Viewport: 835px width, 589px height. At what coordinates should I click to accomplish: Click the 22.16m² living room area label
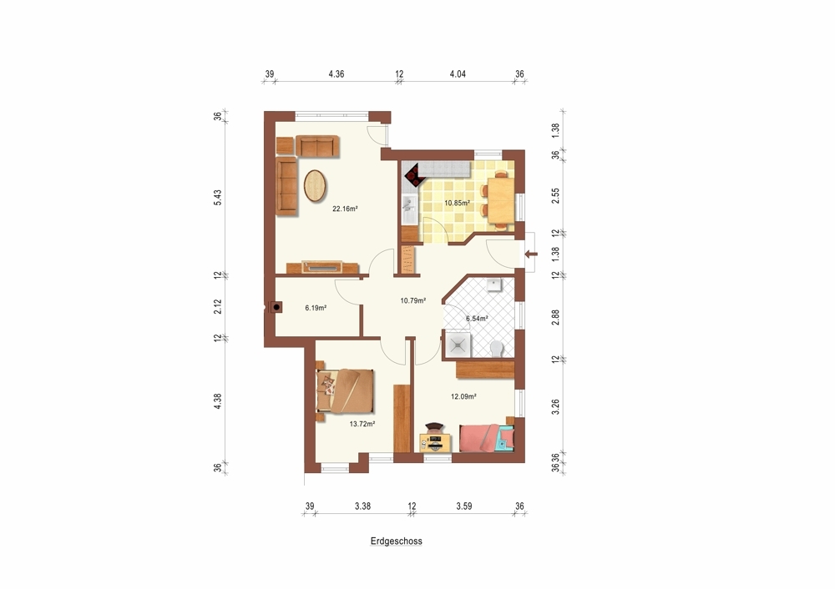click(345, 209)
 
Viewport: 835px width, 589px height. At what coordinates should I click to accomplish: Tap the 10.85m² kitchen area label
click(457, 203)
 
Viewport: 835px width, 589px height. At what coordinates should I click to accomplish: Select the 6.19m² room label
click(316, 308)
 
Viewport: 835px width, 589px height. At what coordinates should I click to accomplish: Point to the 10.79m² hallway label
click(412, 300)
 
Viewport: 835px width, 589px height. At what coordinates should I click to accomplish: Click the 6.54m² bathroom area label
click(477, 319)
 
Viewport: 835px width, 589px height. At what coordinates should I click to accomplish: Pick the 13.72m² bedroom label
click(362, 424)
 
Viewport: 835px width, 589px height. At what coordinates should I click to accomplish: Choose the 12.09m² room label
click(463, 396)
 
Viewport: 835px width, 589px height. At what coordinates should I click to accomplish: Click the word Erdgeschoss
click(396, 541)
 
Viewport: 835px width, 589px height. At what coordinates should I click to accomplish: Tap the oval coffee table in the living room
click(316, 186)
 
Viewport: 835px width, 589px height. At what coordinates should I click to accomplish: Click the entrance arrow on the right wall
click(531, 254)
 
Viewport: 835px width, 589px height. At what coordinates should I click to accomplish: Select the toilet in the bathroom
click(496, 349)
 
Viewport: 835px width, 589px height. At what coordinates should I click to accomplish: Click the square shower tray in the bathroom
click(458, 345)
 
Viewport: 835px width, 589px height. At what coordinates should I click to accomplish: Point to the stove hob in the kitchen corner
click(414, 175)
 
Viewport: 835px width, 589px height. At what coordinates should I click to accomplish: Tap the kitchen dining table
click(500, 200)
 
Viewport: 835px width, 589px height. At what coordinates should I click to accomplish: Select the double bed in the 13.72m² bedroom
click(346, 391)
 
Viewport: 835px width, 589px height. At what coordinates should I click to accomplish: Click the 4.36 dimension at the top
click(336, 74)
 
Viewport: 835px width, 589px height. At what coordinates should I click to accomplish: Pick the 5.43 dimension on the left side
click(218, 197)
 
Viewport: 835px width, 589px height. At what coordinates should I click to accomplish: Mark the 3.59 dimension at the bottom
click(463, 506)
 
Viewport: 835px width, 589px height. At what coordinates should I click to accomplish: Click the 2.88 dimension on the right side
click(556, 317)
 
